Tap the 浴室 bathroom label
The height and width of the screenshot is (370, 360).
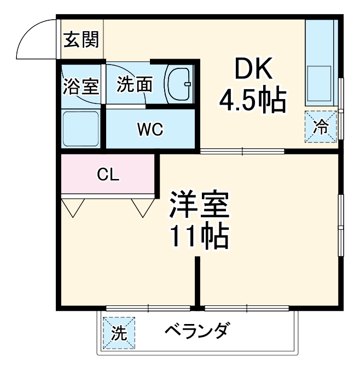80,86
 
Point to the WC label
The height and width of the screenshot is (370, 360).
150,130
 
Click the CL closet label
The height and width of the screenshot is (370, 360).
108,175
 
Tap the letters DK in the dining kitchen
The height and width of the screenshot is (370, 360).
253,69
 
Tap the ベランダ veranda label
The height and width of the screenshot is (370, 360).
197,332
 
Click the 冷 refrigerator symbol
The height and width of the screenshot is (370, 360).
321,128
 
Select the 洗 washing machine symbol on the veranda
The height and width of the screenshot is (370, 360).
119,333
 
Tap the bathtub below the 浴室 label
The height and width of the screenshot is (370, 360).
81,128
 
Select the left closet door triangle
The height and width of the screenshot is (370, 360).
73,207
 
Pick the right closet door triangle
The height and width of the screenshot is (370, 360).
143,207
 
